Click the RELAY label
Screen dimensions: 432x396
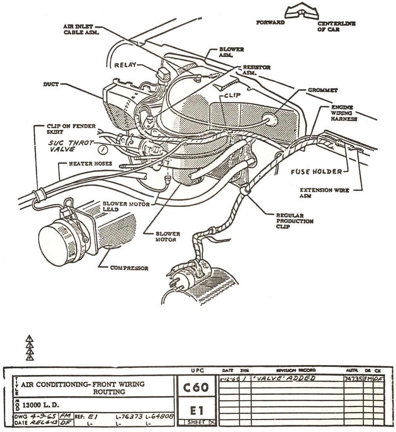pos(125,65)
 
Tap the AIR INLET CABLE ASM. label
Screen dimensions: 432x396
pos(78,29)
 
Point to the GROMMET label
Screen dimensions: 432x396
pos(323,90)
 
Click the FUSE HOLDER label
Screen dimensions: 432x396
pos(316,172)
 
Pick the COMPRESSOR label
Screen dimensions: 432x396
pos(129,268)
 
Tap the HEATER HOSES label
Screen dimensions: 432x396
pos(91,163)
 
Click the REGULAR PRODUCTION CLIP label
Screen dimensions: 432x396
pos(295,221)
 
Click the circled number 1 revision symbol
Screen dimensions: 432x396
pos(103,150)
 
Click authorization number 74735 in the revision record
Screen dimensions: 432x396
pos(353,379)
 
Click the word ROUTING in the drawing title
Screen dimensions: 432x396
pos(109,392)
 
